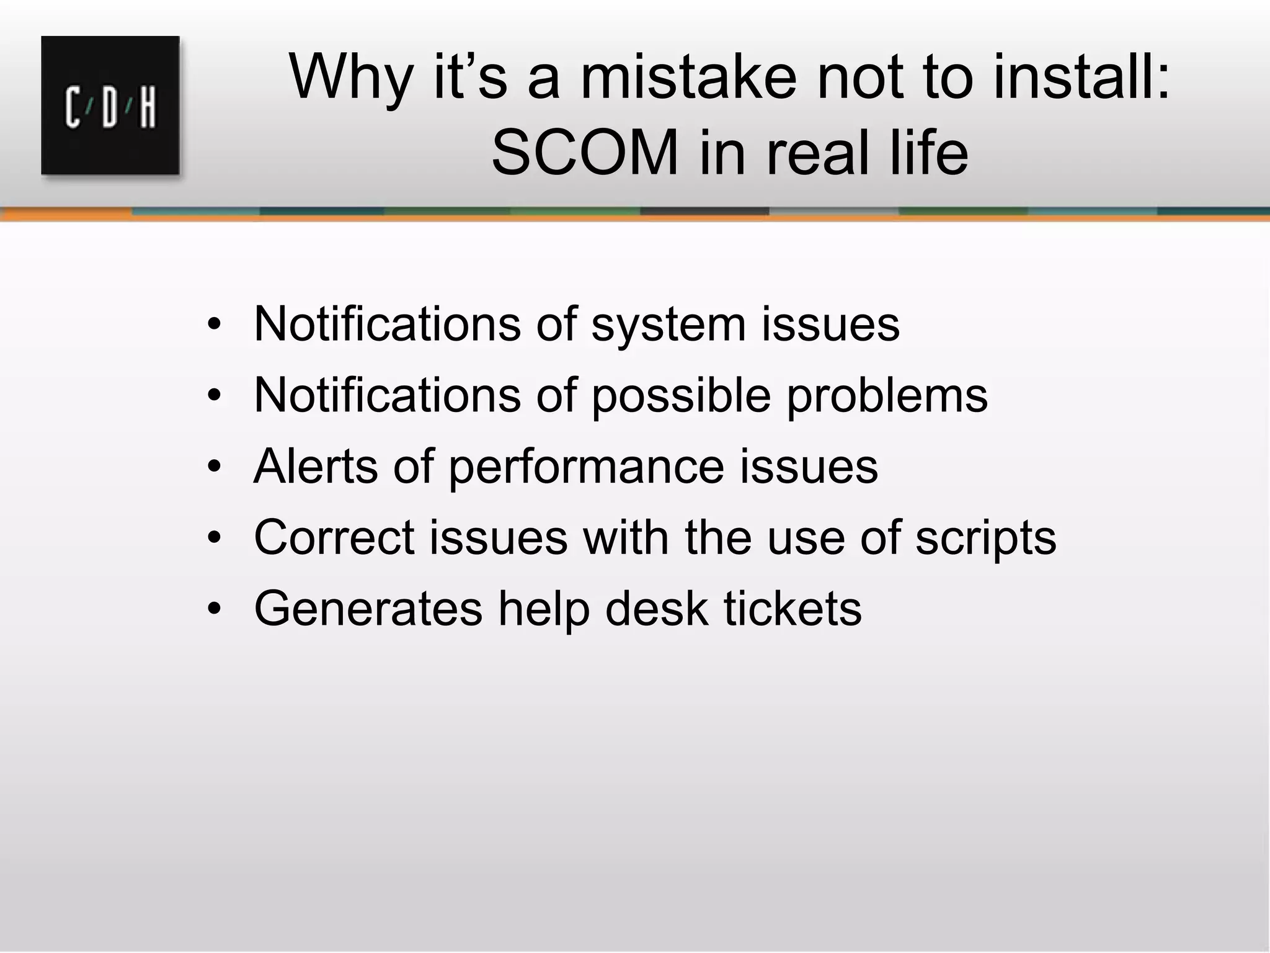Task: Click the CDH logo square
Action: [x=110, y=105]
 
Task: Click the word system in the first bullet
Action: [x=668, y=325]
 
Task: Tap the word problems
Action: [x=887, y=396]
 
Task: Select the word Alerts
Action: [x=316, y=466]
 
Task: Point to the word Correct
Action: [x=334, y=537]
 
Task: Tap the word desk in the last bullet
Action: [x=656, y=608]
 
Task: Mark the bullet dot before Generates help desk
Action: [x=215, y=608]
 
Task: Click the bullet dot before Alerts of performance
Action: [x=215, y=467]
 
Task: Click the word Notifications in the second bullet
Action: [x=387, y=395]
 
